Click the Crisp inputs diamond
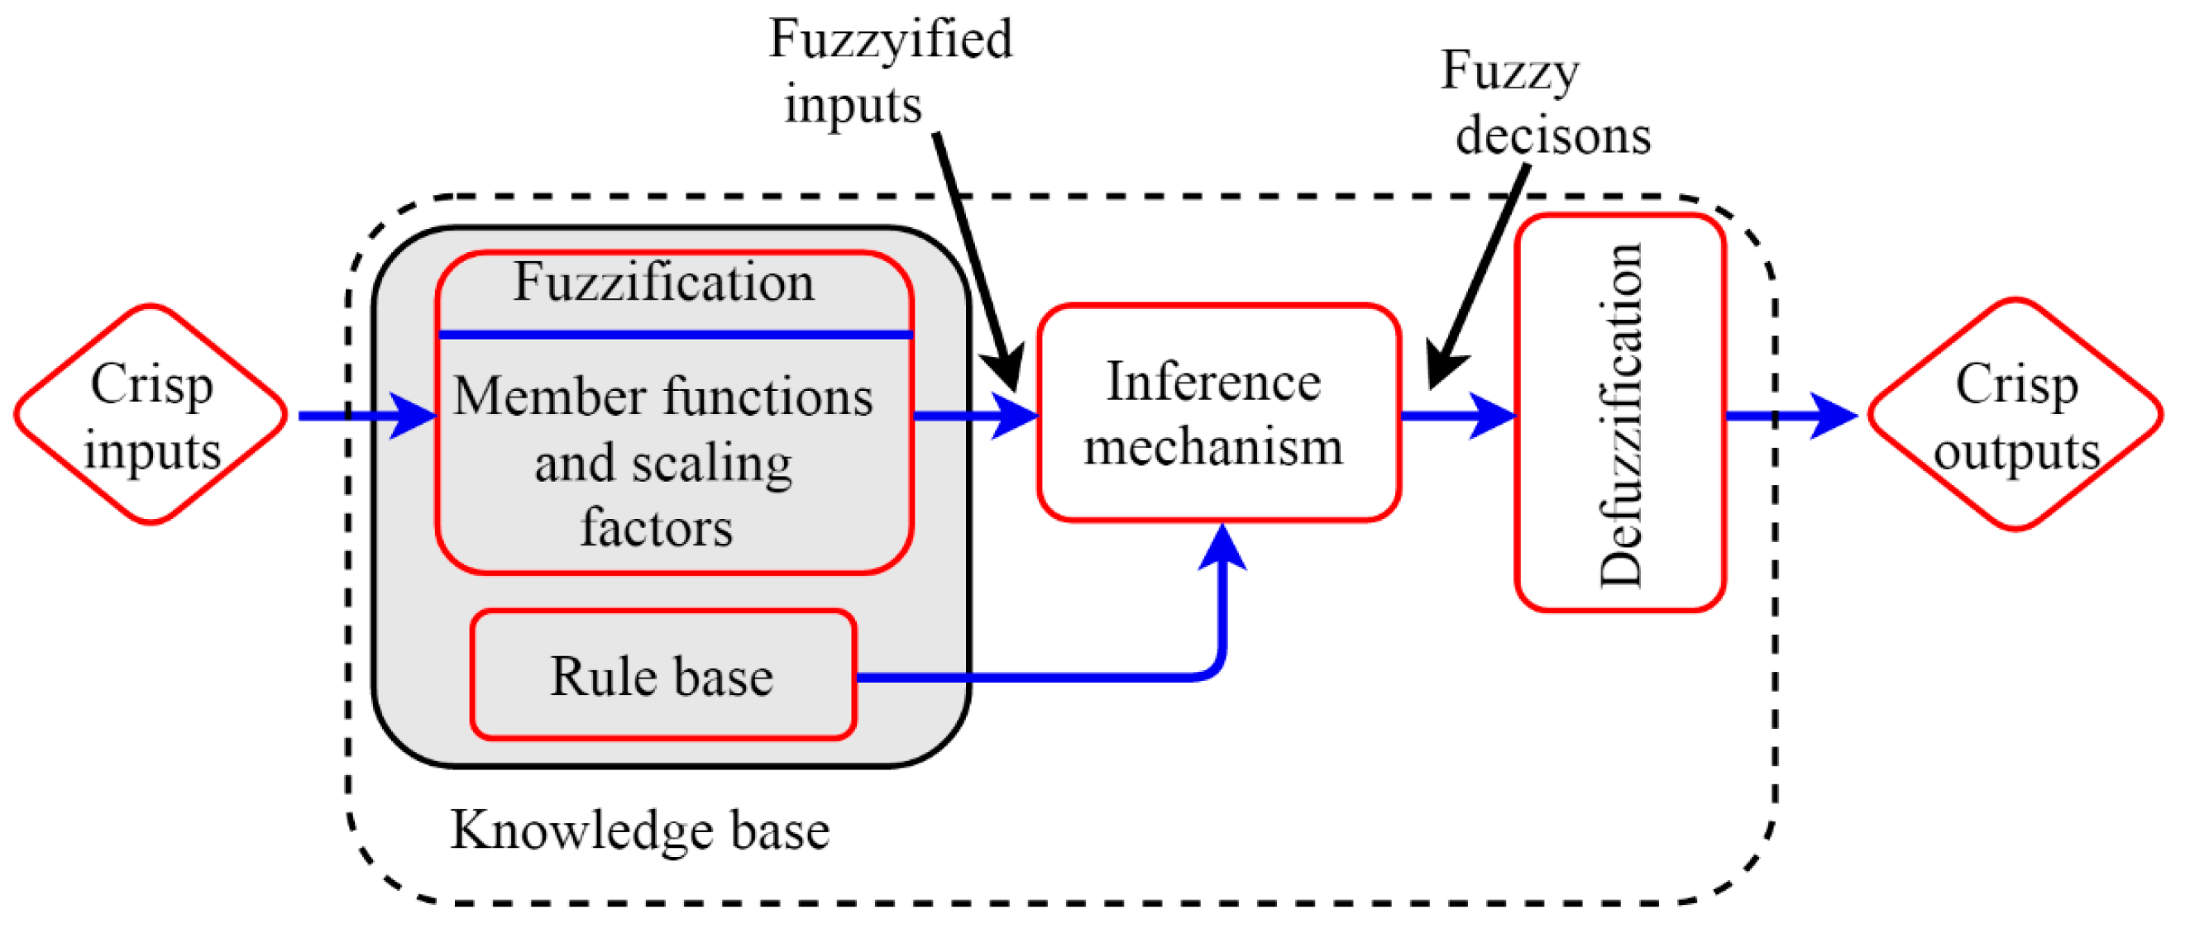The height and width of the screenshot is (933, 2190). [x=151, y=415]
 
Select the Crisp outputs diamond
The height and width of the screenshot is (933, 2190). [x=2015, y=415]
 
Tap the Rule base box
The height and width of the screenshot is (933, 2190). [x=663, y=675]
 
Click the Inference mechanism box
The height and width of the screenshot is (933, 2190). [x=1218, y=412]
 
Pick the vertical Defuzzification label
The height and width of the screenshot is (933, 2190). [x=1620, y=415]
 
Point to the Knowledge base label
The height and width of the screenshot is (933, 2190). [x=639, y=831]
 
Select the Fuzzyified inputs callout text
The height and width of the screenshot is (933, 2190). [x=890, y=71]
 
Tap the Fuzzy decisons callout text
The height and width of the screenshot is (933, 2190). [x=1546, y=102]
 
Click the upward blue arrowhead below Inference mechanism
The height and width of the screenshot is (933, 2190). [x=1222, y=546]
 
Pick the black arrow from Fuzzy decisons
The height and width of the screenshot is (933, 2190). [x=1478, y=277]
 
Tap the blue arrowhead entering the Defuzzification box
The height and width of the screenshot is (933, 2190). [x=1493, y=416]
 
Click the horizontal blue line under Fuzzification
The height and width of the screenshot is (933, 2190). [x=675, y=335]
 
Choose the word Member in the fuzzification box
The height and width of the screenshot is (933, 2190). [x=550, y=397]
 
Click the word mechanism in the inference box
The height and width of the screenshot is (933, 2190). [x=1214, y=446]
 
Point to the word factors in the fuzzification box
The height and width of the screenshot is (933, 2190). [x=657, y=528]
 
